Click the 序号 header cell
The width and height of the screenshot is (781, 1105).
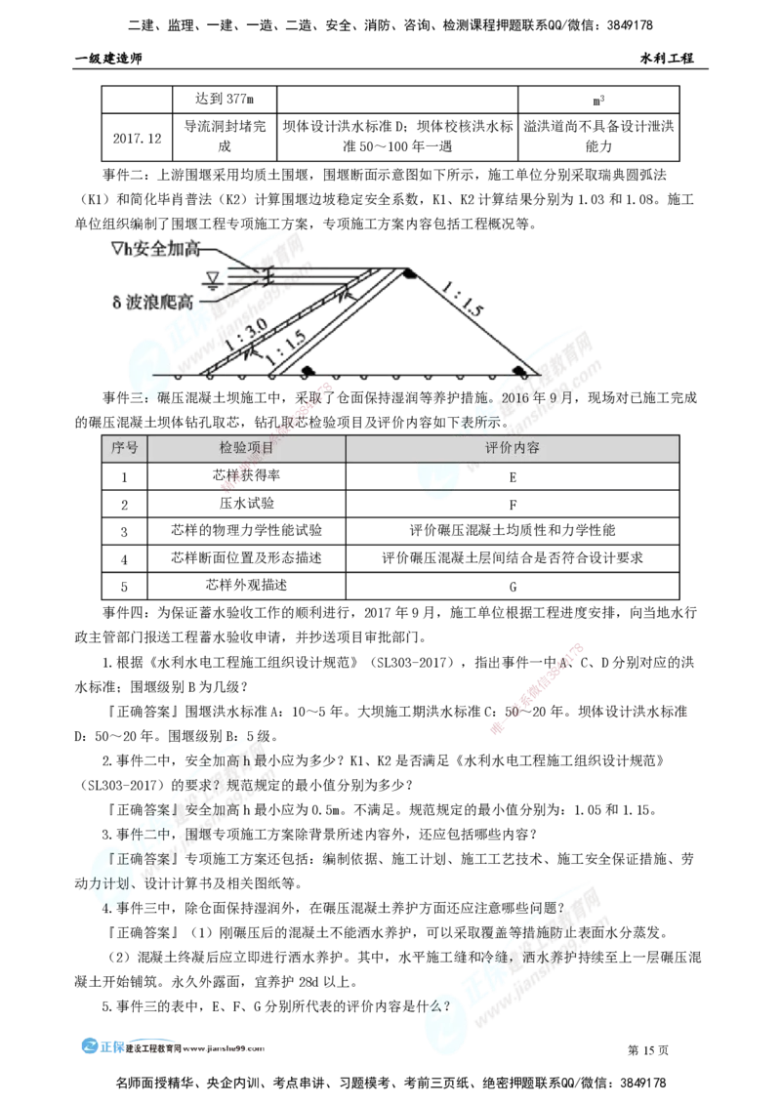click(x=125, y=449)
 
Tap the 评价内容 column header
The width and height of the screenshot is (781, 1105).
click(x=513, y=449)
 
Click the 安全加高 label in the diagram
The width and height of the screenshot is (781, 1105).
click(x=161, y=250)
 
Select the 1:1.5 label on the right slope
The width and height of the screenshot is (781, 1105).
click(x=460, y=296)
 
